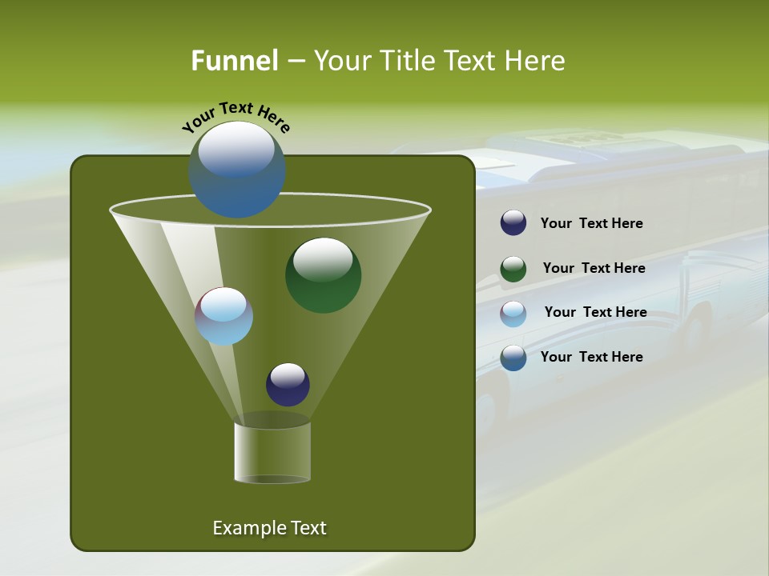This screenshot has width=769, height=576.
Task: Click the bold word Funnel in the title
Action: (x=234, y=61)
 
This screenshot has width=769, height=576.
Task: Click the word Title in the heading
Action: (x=407, y=61)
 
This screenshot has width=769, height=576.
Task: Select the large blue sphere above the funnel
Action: (x=237, y=170)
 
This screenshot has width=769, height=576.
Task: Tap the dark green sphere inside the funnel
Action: (x=323, y=275)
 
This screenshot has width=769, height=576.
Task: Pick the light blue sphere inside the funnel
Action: (x=223, y=316)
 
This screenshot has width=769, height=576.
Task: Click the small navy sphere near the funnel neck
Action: (x=288, y=385)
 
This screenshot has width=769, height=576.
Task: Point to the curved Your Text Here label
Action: (x=236, y=116)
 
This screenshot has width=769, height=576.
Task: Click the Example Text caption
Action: (x=269, y=528)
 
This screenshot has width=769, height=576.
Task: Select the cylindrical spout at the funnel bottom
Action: (x=272, y=450)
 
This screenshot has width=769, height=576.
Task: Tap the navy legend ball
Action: (x=513, y=223)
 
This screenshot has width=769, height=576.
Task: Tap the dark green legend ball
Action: (x=513, y=269)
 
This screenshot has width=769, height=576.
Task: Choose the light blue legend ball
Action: (x=513, y=314)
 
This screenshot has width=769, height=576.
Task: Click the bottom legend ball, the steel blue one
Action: (x=513, y=358)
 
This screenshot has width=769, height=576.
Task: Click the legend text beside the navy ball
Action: (x=591, y=224)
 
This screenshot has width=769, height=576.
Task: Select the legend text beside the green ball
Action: (x=594, y=269)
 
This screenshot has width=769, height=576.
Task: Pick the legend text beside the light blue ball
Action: (x=595, y=313)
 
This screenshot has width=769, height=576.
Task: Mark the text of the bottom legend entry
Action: (x=591, y=357)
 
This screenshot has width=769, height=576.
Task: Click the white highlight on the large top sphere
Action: (x=236, y=150)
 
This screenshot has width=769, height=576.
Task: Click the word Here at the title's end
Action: (x=536, y=61)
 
